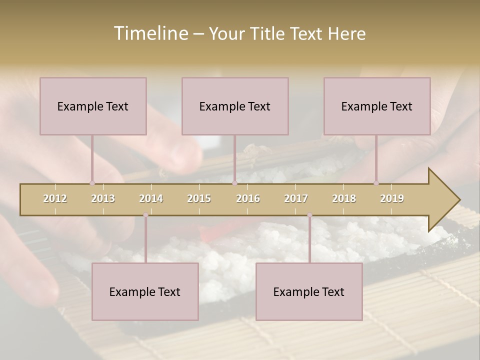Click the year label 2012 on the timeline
click(x=55, y=198)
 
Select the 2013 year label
click(x=103, y=198)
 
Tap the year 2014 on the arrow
click(x=151, y=198)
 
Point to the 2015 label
click(x=199, y=198)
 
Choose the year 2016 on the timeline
click(x=248, y=198)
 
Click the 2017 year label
click(x=296, y=198)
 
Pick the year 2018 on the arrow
click(x=344, y=198)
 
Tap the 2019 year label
click(x=392, y=198)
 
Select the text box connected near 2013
click(x=93, y=106)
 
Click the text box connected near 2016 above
click(x=235, y=106)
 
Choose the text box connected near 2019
click(x=377, y=106)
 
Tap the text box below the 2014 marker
click(x=145, y=291)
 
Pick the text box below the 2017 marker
click(x=309, y=291)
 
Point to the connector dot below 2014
click(x=145, y=215)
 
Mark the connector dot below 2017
click(x=309, y=215)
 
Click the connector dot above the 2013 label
click(x=92, y=183)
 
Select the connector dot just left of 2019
click(x=376, y=183)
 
